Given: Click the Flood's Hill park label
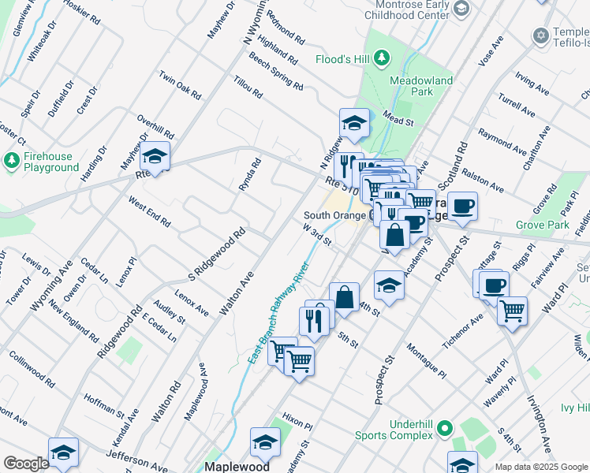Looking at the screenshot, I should tap(343, 59).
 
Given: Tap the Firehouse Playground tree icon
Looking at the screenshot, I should tap(11, 162).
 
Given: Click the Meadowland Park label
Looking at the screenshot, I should tap(420, 86).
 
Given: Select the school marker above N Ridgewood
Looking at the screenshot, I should tap(354, 123).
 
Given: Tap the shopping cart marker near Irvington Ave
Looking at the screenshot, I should tap(513, 311).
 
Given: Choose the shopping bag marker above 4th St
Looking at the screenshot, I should tap(344, 298).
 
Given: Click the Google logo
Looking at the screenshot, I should tap(26, 464).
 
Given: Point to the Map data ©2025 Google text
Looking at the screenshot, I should tap(541, 467).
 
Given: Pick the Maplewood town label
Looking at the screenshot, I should tap(237, 466).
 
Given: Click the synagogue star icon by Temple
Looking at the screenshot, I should tap(541, 35).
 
